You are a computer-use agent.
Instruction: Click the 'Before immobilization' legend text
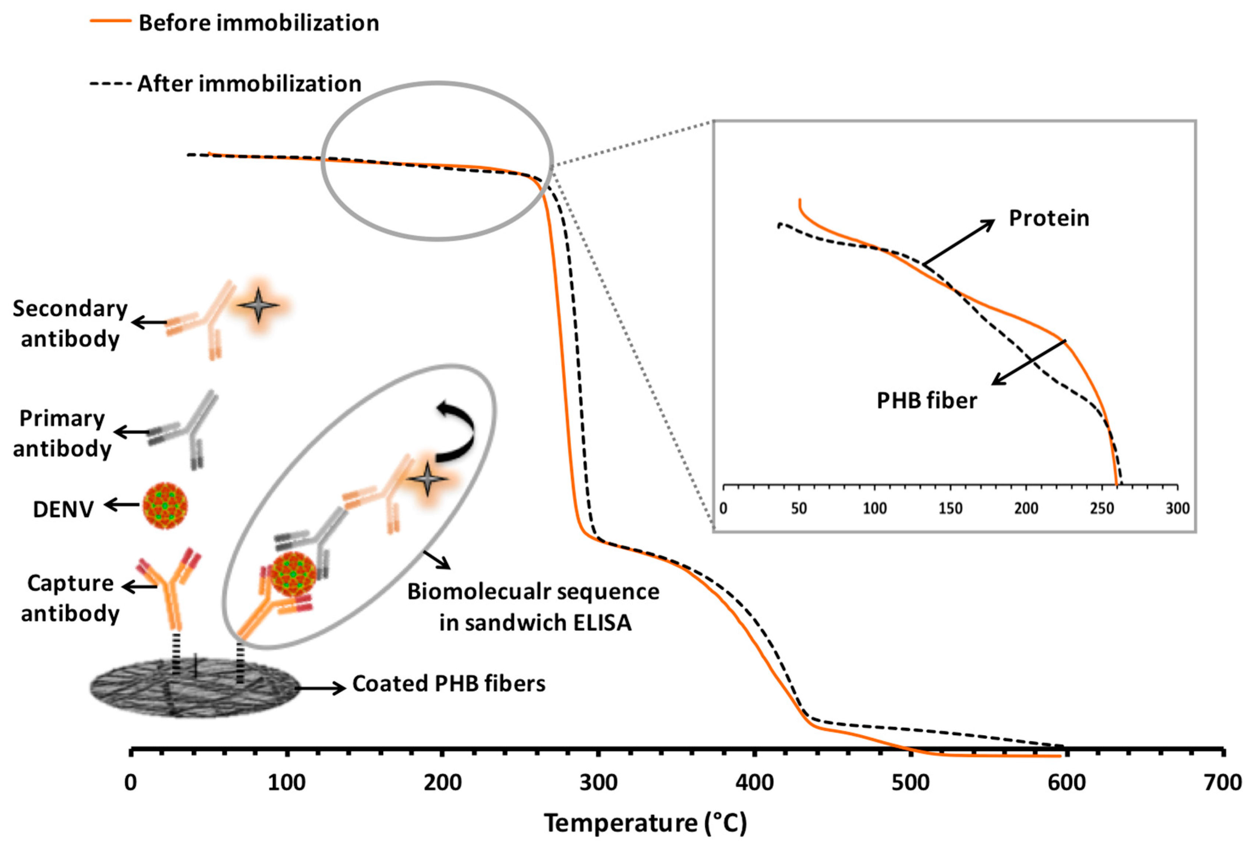(x=258, y=23)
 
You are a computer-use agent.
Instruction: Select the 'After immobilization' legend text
(x=249, y=84)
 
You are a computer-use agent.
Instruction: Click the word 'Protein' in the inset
(x=1048, y=218)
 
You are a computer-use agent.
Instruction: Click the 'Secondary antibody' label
(x=70, y=323)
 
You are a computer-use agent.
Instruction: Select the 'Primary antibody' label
(x=62, y=433)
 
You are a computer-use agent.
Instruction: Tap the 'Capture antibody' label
(x=70, y=598)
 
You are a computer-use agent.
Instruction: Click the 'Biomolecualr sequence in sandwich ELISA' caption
(x=534, y=607)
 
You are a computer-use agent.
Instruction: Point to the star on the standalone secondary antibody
(x=258, y=305)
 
